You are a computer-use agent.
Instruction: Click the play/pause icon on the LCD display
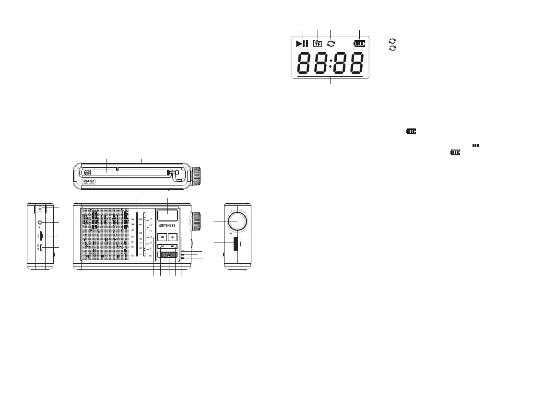pos(302,44)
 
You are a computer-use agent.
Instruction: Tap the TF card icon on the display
pos(317,44)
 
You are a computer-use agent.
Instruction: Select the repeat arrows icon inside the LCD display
pos(331,44)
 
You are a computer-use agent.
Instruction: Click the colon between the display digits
pos(331,63)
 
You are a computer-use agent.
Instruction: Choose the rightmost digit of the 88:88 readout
pos(356,63)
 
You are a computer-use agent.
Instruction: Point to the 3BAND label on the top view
pos(86,182)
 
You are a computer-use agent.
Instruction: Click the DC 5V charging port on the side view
pos(42,248)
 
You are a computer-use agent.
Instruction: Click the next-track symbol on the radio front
pos(173,246)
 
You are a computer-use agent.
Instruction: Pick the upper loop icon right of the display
pos(392,42)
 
